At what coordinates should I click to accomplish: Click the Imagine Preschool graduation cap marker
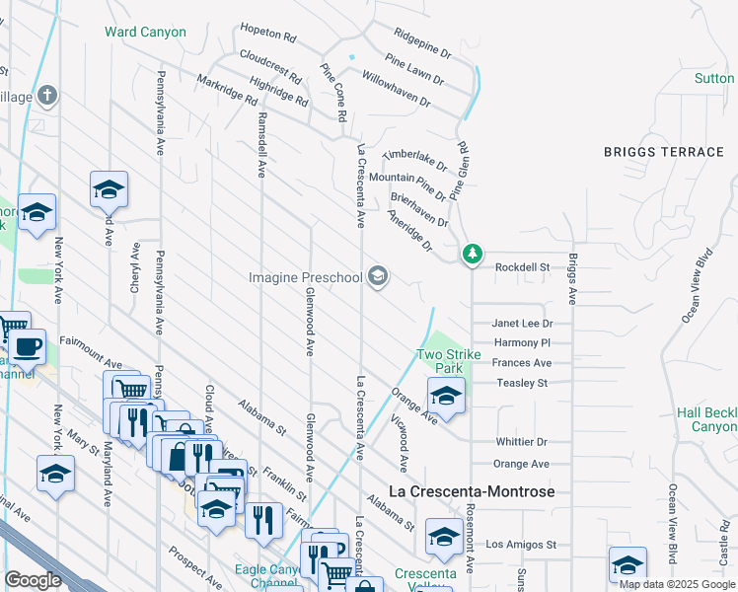[x=377, y=277]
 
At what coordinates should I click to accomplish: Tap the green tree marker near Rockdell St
[x=474, y=255]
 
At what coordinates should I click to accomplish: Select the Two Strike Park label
[x=448, y=361]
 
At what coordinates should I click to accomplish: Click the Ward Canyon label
[x=145, y=32]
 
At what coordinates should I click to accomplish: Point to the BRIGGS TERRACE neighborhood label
[x=664, y=152]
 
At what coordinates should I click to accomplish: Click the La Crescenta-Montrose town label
[x=472, y=491]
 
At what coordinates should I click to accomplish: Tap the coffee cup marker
[x=29, y=348]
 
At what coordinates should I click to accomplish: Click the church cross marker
[x=46, y=95]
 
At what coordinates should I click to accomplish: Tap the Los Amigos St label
[x=522, y=545]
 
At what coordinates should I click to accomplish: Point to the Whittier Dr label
[x=521, y=442]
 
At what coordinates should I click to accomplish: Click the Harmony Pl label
[x=521, y=342]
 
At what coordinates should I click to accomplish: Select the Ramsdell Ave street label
[x=260, y=143]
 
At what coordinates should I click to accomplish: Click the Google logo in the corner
[x=33, y=580]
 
